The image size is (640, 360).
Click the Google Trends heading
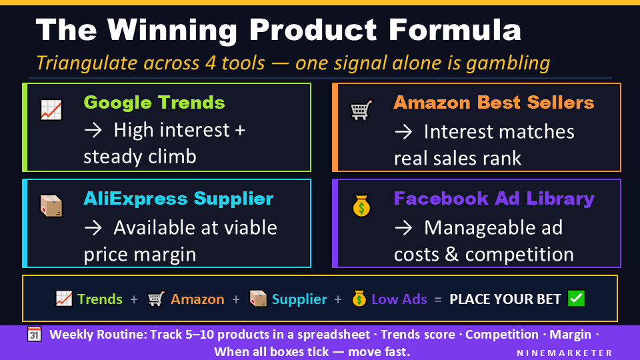[154, 103]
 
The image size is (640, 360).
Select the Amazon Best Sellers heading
[493, 103]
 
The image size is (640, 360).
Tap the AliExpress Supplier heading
[178, 199]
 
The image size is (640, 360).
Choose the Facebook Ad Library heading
[493, 199]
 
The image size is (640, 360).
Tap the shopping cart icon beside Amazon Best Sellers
[361, 110]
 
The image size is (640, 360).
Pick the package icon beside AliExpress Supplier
[51, 206]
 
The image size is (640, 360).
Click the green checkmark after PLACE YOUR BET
[575, 299]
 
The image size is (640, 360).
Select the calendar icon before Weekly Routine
[35, 335]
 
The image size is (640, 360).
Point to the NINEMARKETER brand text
[565, 352]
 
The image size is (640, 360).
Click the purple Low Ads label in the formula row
[399, 299]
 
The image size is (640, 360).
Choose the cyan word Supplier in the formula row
[299, 299]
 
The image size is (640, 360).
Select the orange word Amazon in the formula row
[197, 299]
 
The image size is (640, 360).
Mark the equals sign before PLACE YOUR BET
[438, 299]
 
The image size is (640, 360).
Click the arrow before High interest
[92, 129]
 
